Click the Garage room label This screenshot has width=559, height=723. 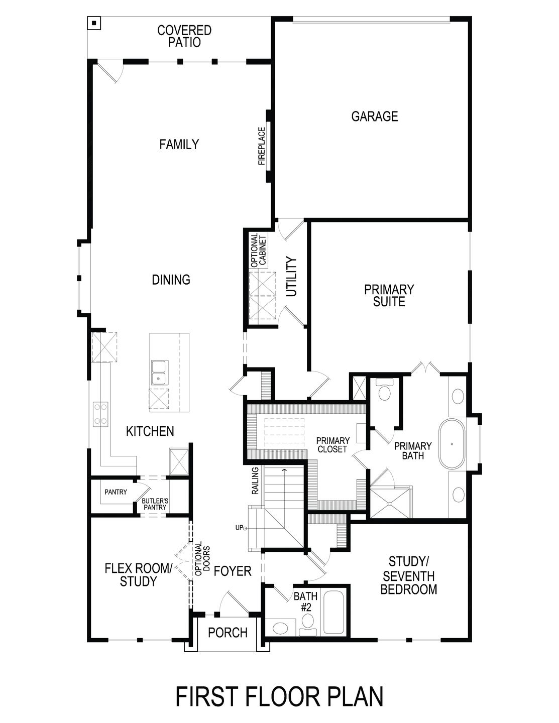(x=374, y=116)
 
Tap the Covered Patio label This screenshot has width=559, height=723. (x=184, y=37)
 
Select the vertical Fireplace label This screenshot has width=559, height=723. (x=261, y=146)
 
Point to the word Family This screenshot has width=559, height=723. (x=179, y=145)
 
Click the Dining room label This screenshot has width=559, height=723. (x=171, y=280)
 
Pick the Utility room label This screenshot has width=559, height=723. (x=292, y=277)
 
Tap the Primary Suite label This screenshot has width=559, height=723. (x=389, y=296)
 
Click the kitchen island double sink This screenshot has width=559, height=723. (x=160, y=372)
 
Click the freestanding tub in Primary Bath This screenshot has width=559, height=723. (x=452, y=444)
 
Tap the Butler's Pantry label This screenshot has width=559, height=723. (x=155, y=504)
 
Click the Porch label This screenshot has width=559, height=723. (x=228, y=633)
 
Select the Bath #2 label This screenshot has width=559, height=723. (x=305, y=601)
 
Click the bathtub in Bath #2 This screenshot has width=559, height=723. (x=334, y=614)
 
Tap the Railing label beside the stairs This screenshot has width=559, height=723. (x=255, y=480)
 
